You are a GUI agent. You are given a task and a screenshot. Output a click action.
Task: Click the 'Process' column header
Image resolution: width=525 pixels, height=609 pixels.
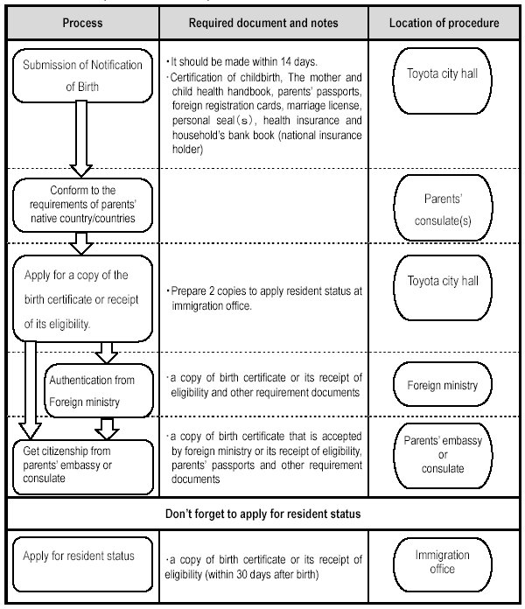[x=83, y=23]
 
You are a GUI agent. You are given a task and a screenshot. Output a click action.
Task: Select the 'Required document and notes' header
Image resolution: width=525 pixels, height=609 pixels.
[x=263, y=23]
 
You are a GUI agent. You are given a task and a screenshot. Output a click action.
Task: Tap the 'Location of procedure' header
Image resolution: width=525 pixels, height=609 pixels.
[x=444, y=23]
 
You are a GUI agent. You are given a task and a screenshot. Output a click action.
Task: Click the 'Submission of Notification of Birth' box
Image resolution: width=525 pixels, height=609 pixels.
[x=83, y=75]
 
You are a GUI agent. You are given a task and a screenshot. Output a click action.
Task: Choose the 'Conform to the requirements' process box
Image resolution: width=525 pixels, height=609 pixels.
[x=83, y=205]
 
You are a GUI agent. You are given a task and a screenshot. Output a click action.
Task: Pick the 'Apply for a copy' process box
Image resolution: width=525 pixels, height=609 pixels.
[x=83, y=298]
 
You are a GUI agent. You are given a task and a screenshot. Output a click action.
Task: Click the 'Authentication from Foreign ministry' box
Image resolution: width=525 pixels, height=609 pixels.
[x=99, y=390]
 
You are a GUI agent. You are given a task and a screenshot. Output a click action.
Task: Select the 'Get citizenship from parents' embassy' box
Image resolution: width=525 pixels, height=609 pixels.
[x=83, y=467]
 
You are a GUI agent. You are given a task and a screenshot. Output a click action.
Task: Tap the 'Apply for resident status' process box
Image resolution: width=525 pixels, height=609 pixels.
[x=83, y=564]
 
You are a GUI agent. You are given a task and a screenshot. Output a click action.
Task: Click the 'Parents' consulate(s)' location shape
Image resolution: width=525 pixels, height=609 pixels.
[x=443, y=207]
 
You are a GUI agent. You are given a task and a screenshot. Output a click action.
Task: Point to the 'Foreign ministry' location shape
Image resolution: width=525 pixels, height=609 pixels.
[x=442, y=385]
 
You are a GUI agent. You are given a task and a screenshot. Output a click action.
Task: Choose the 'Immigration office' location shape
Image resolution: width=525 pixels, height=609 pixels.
[x=442, y=564]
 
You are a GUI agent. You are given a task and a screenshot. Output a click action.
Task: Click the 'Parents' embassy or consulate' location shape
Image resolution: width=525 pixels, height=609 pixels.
[x=443, y=455]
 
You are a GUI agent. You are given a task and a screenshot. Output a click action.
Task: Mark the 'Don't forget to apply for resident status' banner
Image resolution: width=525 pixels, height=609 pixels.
[x=263, y=514]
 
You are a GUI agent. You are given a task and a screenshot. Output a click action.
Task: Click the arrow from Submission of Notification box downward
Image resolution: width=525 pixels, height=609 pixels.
[x=81, y=138]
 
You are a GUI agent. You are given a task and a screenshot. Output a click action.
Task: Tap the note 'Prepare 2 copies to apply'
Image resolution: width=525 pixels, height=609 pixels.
[x=266, y=298]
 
